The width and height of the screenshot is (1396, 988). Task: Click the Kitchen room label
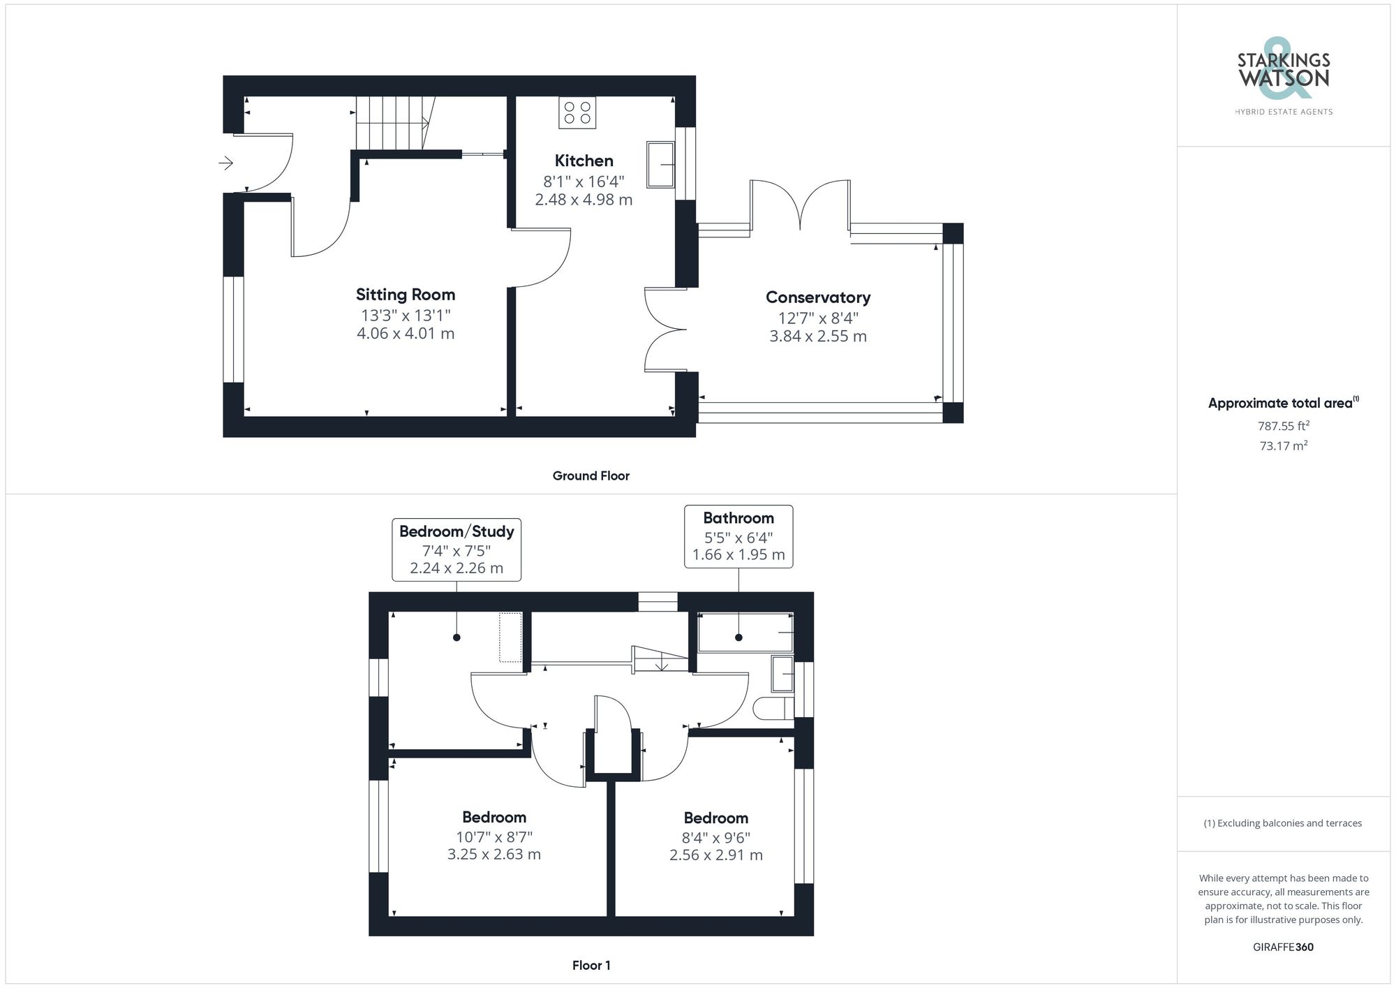pyautogui.click(x=584, y=161)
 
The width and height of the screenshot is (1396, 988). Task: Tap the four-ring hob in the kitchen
pyautogui.click(x=577, y=112)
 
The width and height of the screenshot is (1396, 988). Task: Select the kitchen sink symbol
pyautogui.click(x=660, y=165)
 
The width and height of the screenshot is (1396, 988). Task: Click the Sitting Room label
pyautogui.click(x=405, y=295)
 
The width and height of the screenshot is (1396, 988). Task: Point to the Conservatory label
pyautogui.click(x=817, y=297)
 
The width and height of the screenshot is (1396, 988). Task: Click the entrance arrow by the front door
pyautogui.click(x=225, y=163)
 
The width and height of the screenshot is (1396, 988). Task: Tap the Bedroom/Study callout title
pyautogui.click(x=456, y=531)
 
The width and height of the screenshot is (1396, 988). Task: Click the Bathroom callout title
pyautogui.click(x=738, y=518)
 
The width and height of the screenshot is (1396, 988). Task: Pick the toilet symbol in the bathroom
pyautogui.click(x=773, y=708)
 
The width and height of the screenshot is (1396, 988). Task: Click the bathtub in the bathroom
pyautogui.click(x=745, y=632)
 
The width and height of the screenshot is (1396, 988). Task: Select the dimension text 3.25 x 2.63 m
pyautogui.click(x=493, y=854)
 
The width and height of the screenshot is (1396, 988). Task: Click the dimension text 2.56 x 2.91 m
pyautogui.click(x=715, y=855)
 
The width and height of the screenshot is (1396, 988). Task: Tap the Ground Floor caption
pyautogui.click(x=591, y=476)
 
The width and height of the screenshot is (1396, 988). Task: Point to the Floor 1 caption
pyautogui.click(x=591, y=966)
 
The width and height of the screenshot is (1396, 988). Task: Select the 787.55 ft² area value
pyautogui.click(x=1283, y=425)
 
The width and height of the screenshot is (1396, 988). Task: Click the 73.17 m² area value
pyautogui.click(x=1283, y=445)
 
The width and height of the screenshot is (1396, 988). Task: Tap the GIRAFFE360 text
pyautogui.click(x=1283, y=947)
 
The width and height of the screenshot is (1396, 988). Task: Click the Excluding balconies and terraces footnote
pyautogui.click(x=1283, y=823)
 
